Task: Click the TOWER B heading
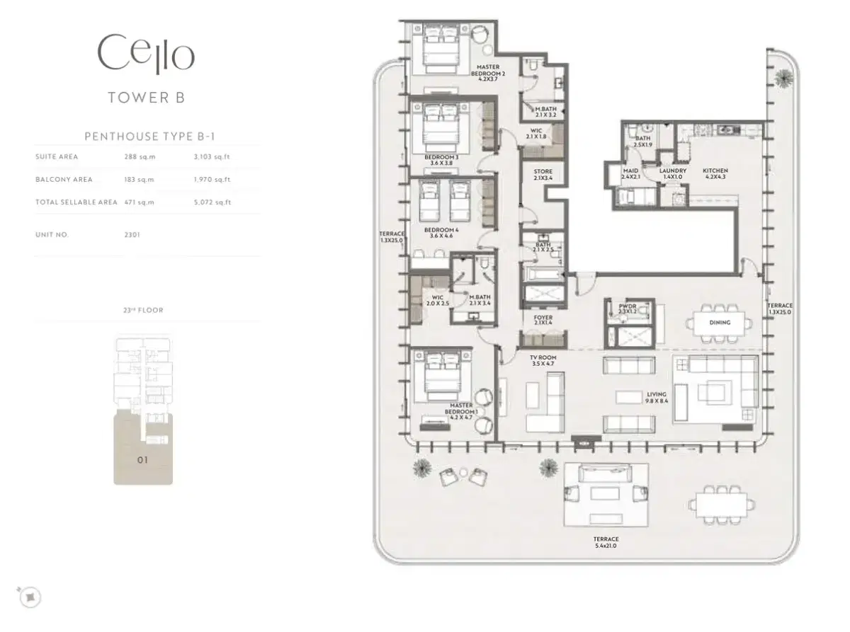[146, 98]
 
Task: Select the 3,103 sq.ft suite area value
[212, 157]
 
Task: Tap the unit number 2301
[132, 234]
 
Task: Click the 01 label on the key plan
[142, 461]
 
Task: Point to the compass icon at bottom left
[30, 597]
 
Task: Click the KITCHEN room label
[715, 171]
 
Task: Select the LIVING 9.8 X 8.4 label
[657, 398]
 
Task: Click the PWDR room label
[627, 309]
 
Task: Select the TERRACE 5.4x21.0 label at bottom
[606, 543]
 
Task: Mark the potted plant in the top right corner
[783, 77]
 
